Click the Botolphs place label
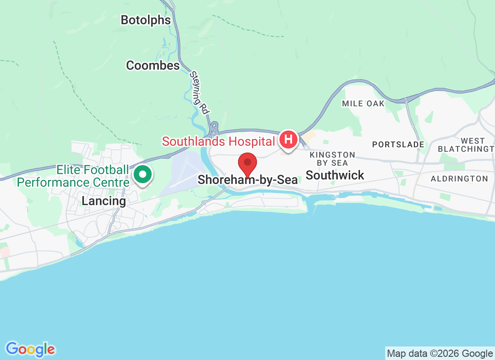[146, 20]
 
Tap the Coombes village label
[153, 65]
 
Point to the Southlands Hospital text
[218, 141]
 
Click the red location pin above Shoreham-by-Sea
[247, 164]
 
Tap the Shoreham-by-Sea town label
[247, 180]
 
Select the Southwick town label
[335, 175]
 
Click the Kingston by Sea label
[333, 159]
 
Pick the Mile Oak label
[363, 103]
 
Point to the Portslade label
[398, 144]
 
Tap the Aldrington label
[459, 179]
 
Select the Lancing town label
[103, 201]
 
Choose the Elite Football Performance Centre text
[73, 176]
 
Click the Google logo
[31, 349]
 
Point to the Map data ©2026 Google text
[440, 353]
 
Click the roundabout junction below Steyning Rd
[214, 128]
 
